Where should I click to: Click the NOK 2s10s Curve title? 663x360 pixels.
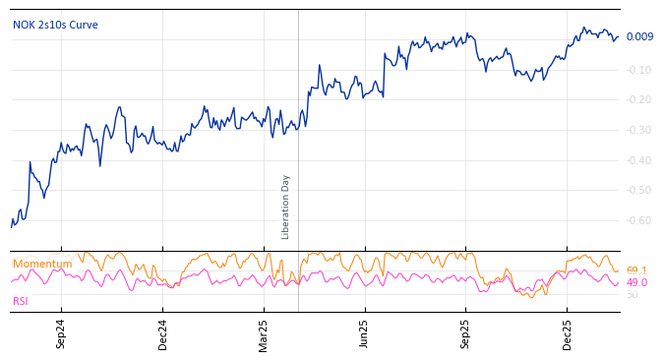point(55,25)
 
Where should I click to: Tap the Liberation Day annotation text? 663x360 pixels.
point(286,207)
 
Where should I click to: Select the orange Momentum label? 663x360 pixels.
point(42,264)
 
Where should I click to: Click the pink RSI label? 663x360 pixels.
point(21,301)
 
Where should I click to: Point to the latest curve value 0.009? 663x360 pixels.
point(639,37)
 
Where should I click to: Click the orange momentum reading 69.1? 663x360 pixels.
point(636,270)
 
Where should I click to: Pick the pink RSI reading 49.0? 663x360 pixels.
point(636,282)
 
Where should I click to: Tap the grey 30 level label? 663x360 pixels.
point(632,294)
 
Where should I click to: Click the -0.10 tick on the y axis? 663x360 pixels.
point(638,70)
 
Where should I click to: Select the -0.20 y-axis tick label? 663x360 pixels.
point(638,99)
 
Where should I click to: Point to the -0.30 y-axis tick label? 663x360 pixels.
point(638,130)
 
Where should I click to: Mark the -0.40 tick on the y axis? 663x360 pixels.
point(638,160)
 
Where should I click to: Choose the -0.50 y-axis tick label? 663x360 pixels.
point(638,190)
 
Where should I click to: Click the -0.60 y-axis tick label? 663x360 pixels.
point(638,220)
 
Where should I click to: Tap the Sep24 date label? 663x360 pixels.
point(61,333)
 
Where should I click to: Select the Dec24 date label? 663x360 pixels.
point(162,333)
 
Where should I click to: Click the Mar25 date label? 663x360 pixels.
point(264,333)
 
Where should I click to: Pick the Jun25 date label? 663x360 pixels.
point(364,333)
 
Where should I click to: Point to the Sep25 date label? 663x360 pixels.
point(465,333)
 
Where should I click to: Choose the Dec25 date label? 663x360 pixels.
point(567,333)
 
